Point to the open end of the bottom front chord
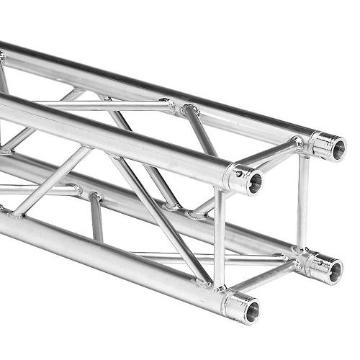click(251, 311)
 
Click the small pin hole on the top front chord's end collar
click(235, 173)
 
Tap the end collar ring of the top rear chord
click(320, 144)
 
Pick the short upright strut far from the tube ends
click(96, 216)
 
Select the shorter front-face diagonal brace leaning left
click(50, 180)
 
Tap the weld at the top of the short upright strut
click(94, 195)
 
